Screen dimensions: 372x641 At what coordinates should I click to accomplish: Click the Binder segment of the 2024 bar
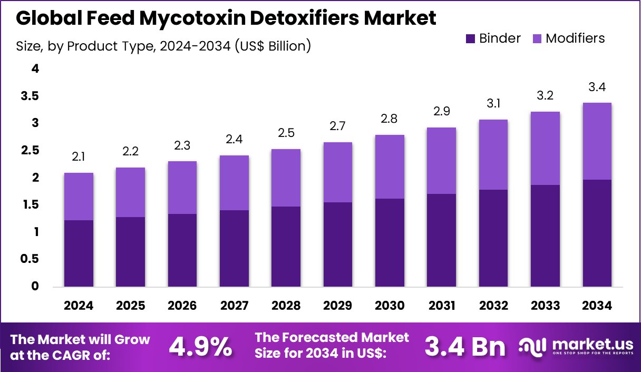click(79, 253)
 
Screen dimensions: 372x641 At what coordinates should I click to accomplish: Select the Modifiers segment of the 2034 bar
click(597, 141)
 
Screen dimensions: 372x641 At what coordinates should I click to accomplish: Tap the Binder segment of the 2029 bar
click(338, 244)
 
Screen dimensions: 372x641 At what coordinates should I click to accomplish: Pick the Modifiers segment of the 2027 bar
click(234, 183)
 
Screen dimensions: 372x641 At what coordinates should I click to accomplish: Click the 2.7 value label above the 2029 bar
click(338, 127)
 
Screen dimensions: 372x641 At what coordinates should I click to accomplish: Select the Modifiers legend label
click(575, 38)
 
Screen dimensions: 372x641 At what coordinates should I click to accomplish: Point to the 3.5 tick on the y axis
click(30, 96)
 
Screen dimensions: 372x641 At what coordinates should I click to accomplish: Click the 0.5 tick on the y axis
click(30, 259)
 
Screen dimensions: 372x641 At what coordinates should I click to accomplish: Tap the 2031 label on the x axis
click(442, 306)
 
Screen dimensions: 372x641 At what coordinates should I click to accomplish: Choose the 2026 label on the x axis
click(182, 306)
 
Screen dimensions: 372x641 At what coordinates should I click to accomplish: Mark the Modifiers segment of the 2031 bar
click(442, 161)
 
